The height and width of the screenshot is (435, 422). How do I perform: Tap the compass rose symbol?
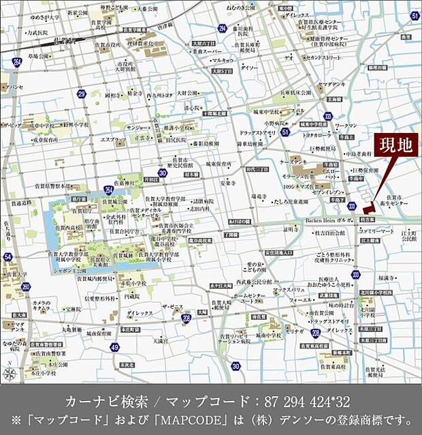tap(10, 373)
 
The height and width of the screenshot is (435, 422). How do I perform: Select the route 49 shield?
tap(115, 347)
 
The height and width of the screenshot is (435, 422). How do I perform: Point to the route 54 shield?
tap(7, 256)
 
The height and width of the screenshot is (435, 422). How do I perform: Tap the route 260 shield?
tap(26, 286)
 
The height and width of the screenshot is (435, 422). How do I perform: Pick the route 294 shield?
tap(222, 28)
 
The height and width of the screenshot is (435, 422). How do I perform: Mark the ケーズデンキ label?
tap(292, 162)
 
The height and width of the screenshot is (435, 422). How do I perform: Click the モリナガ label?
tap(294, 331)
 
